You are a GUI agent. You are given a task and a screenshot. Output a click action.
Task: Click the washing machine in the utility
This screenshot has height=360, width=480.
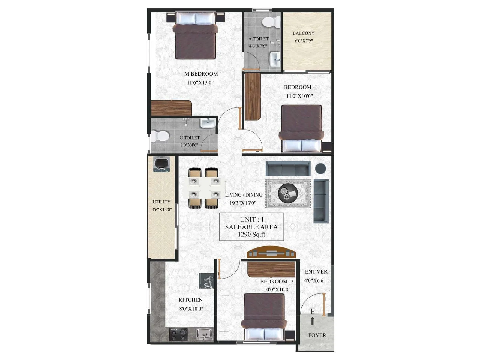tap(162, 164)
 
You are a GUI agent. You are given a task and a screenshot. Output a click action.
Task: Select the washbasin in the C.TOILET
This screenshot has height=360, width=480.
tap(207, 123)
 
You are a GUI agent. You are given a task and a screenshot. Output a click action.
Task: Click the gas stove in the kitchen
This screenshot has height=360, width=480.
tap(178, 334)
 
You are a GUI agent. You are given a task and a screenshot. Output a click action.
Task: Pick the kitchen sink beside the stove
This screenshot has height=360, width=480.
tap(204, 334)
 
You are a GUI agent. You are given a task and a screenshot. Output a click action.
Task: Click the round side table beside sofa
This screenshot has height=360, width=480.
tap(320, 168)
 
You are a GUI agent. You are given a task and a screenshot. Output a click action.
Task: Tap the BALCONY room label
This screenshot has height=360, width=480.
tap(304, 33)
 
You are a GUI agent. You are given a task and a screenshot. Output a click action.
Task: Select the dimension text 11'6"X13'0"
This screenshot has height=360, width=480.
tap(200, 82)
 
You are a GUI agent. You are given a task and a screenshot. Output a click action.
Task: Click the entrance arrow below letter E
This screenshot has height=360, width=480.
tap(312, 321)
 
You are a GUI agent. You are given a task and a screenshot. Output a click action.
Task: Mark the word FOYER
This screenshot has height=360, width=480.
tap(317, 335)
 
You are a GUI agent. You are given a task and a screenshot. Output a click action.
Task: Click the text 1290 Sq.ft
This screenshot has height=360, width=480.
tap(251, 235)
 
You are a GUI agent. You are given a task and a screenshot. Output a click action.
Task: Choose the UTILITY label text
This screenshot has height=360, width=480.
tap(161, 202)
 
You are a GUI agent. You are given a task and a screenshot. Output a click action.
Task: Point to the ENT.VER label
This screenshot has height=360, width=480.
tap(316, 272)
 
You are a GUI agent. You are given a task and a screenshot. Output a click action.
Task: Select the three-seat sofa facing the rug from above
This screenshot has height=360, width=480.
tap(288, 169)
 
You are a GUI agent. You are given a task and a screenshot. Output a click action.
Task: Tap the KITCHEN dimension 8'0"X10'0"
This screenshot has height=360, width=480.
tap(191, 309)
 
